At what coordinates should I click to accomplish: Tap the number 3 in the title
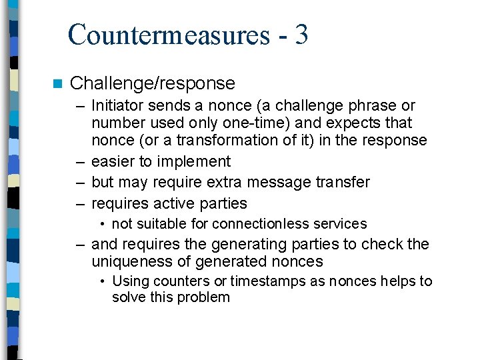(x=300, y=35)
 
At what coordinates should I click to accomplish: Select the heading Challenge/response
(x=152, y=83)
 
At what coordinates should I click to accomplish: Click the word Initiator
(x=117, y=105)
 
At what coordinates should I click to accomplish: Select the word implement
(x=197, y=161)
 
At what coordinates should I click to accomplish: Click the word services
(x=338, y=224)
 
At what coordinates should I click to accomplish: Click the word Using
(x=130, y=281)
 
